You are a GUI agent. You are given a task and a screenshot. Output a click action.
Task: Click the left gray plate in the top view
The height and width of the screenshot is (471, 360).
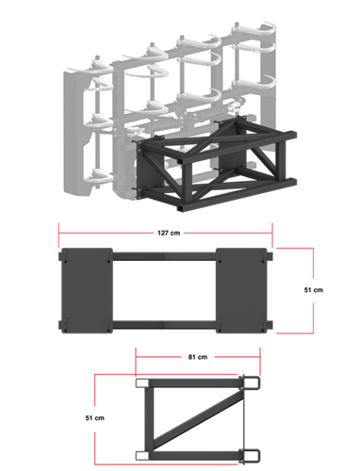coord(86,289)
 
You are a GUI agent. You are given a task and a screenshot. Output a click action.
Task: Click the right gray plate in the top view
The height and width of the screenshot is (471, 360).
coord(242,289)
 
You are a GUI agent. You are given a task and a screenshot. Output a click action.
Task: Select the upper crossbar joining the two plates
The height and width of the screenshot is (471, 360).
coord(164,255)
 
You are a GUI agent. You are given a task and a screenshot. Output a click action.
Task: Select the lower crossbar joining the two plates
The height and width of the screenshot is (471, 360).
coord(164,325)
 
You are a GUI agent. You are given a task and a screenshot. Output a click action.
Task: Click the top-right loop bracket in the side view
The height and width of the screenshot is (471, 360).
coord(252,382)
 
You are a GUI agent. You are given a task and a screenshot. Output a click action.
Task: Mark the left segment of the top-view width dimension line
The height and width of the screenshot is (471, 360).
coord(106,232)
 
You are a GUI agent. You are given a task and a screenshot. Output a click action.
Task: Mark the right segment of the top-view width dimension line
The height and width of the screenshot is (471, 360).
coord(228,232)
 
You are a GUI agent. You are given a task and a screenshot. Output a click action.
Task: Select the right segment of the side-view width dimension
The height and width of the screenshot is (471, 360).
coord(238,357)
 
